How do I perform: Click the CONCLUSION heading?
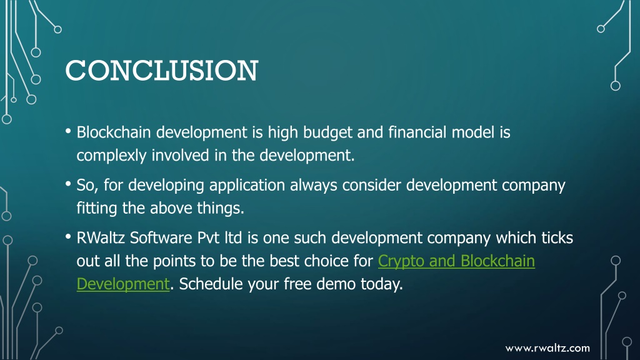(162, 70)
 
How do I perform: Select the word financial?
(417, 132)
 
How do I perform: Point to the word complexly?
(111, 156)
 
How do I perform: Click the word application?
(247, 186)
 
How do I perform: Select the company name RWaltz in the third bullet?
(101, 237)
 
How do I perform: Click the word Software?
(161, 237)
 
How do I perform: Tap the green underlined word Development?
(123, 284)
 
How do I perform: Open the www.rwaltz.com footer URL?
(547, 348)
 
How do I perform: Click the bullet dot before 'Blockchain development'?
(68, 131)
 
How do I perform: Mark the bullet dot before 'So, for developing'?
(68, 184)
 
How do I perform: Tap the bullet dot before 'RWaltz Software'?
(68, 236)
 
